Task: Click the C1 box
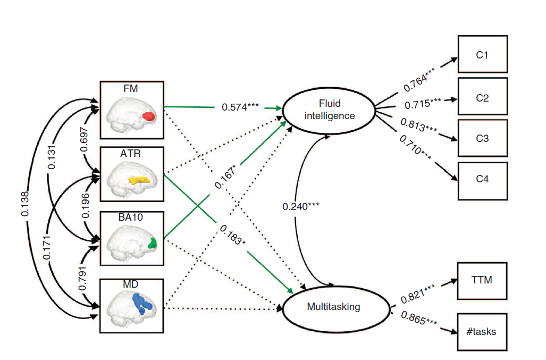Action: pos(482,54)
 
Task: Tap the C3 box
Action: pos(482,138)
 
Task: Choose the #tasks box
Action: pos(482,331)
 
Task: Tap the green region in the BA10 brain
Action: pos(153,243)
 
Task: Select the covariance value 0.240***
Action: pos(301,206)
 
